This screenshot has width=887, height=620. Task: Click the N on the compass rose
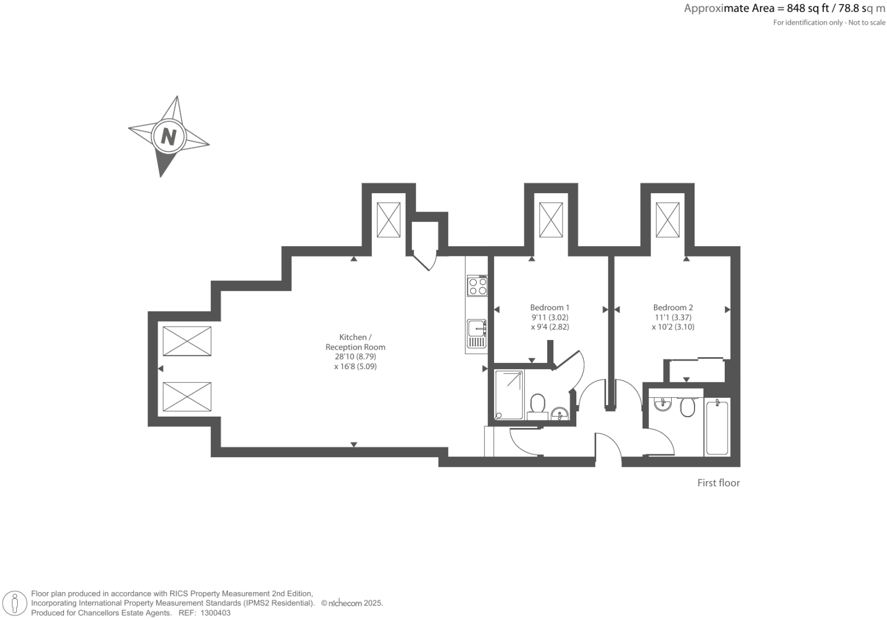pos(168,137)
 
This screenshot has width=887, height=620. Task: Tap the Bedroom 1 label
pos(549,307)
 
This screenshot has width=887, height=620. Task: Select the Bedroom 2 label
pos(673,307)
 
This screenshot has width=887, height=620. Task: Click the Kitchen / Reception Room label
pos(355,342)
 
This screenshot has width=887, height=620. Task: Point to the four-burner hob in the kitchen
pos(477,286)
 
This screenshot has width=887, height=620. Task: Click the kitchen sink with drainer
pos(476,334)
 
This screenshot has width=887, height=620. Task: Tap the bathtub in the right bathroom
pos(717,427)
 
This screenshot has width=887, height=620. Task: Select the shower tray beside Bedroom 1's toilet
pos(509,395)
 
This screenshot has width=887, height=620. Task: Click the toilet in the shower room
pos(537,405)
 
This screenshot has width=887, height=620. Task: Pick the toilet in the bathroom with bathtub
pos(687,407)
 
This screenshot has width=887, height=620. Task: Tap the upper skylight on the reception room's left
pos(187,341)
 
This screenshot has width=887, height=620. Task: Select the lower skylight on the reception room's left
pos(187,397)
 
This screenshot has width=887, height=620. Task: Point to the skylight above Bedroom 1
pos(551,219)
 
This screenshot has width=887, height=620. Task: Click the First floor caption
pos(718,483)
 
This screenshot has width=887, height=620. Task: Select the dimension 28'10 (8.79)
pos(355,357)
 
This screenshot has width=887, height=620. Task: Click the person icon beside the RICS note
pos(15,603)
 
